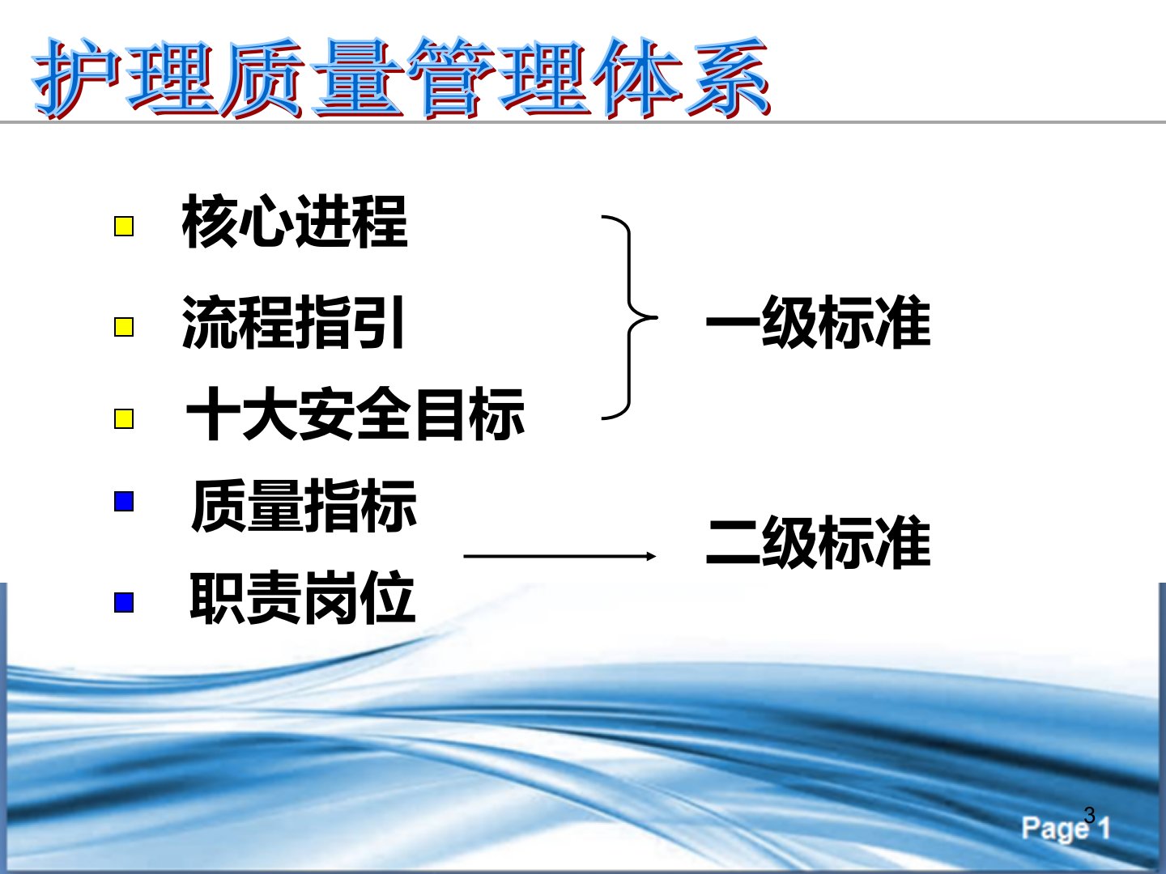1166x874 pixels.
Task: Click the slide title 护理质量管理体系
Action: [401, 78]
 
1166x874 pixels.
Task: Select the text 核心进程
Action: [294, 221]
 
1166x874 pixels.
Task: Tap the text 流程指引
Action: [293, 322]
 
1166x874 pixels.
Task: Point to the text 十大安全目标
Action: [355, 414]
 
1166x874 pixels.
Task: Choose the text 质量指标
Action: [304, 505]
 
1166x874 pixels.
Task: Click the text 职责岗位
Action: [302, 597]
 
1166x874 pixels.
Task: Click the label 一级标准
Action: [819, 322]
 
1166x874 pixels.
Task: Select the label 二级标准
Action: [819, 542]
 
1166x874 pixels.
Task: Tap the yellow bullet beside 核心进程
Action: [124, 227]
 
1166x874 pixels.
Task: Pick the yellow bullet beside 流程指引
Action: [124, 327]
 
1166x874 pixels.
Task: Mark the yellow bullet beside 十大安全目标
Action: [124, 418]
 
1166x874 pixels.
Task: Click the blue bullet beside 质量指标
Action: [124, 502]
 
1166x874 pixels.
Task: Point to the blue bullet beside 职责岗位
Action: [124, 602]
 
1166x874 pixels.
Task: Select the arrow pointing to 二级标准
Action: [560, 556]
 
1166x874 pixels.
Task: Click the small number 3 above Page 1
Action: [1090, 815]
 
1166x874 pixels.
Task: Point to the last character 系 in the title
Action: [728, 78]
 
